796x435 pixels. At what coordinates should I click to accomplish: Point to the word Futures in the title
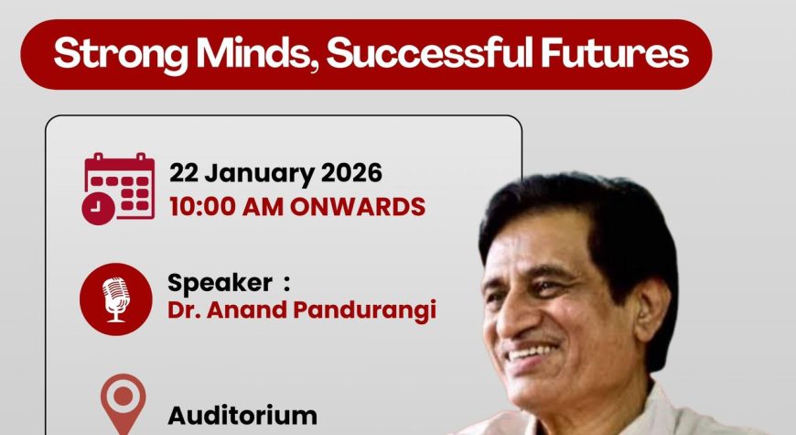click(x=614, y=52)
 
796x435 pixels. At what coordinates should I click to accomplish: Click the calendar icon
click(x=118, y=188)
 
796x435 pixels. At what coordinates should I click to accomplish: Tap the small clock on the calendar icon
click(x=98, y=209)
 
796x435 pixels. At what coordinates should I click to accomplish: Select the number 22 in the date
click(x=183, y=173)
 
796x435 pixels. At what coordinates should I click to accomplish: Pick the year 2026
click(x=351, y=173)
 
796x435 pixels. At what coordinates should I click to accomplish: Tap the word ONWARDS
click(x=358, y=207)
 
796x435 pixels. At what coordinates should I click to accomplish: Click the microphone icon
click(x=116, y=299)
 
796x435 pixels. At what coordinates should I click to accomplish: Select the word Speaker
click(x=220, y=284)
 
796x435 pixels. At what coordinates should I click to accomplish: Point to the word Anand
click(x=247, y=310)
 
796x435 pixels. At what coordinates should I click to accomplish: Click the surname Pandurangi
click(x=365, y=311)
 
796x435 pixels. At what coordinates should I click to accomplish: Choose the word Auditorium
click(x=242, y=416)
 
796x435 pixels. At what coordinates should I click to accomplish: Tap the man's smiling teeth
click(x=531, y=353)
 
